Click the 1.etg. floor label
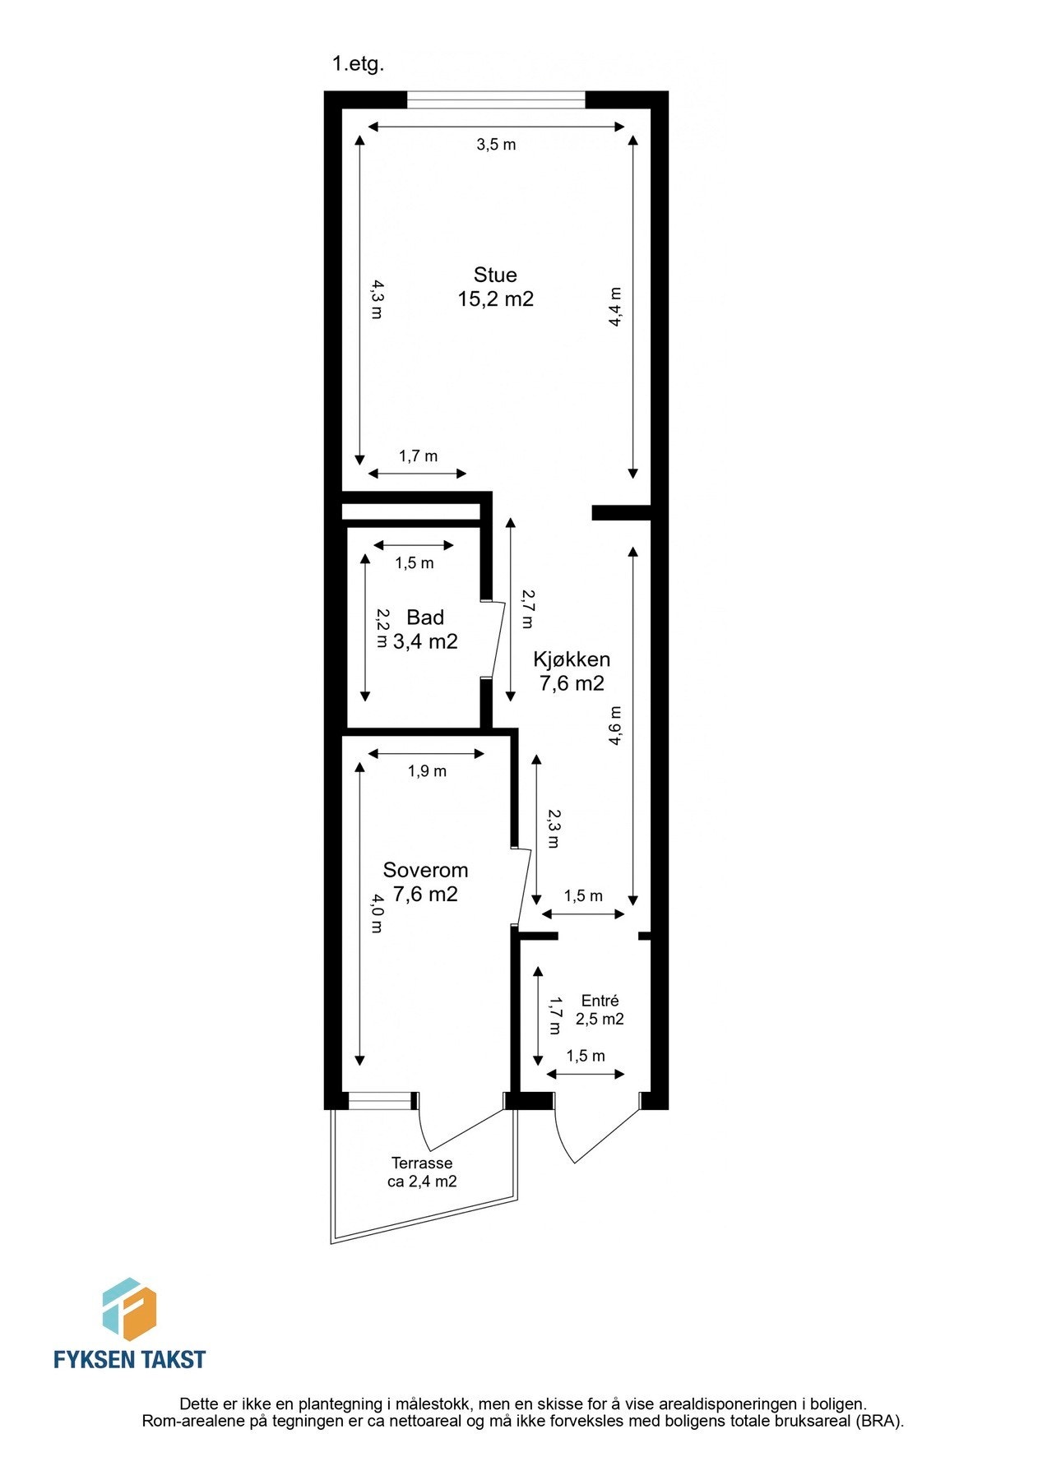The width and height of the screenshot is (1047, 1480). (358, 64)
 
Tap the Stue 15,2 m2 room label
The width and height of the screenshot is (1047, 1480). (495, 287)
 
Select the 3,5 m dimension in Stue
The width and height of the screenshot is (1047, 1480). (496, 145)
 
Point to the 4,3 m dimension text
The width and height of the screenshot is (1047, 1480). (376, 299)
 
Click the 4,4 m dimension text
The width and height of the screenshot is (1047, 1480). (614, 308)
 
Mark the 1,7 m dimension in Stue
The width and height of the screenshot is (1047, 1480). (418, 456)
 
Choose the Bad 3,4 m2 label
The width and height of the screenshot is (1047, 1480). (425, 630)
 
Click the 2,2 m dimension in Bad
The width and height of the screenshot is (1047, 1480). (382, 628)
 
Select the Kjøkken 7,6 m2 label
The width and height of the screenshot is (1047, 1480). (572, 671)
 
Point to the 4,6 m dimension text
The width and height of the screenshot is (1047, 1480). (614, 726)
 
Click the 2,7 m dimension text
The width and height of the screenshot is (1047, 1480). (527, 609)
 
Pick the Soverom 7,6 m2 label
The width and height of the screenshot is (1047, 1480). (425, 881)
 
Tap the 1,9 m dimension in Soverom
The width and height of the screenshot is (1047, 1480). (427, 771)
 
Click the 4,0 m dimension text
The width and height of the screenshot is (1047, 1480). (376, 913)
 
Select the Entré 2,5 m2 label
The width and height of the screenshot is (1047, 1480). (600, 1010)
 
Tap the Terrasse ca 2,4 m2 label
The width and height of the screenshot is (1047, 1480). (422, 1172)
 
